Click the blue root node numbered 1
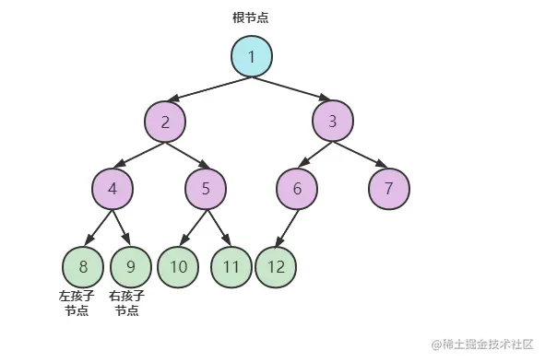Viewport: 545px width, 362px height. (x=251, y=56)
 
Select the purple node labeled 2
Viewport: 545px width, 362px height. (x=165, y=122)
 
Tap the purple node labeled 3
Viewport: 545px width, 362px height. (x=332, y=122)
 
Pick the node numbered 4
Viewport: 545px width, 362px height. (x=113, y=190)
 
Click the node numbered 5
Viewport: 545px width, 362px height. (x=206, y=190)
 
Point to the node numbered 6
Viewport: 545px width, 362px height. (x=297, y=190)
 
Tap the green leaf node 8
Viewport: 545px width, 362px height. (x=83, y=267)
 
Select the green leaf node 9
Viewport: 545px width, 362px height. (x=131, y=267)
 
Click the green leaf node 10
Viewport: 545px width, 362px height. (x=178, y=267)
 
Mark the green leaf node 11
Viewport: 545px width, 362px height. (x=231, y=267)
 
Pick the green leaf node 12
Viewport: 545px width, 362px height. (x=276, y=267)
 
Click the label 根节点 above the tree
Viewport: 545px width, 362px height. (x=251, y=18)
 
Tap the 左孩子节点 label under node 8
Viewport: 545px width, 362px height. (x=77, y=303)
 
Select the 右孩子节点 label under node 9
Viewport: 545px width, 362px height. (x=126, y=303)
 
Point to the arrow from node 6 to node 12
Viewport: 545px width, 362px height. (x=288, y=228)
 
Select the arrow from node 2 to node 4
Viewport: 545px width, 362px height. (x=139, y=154)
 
